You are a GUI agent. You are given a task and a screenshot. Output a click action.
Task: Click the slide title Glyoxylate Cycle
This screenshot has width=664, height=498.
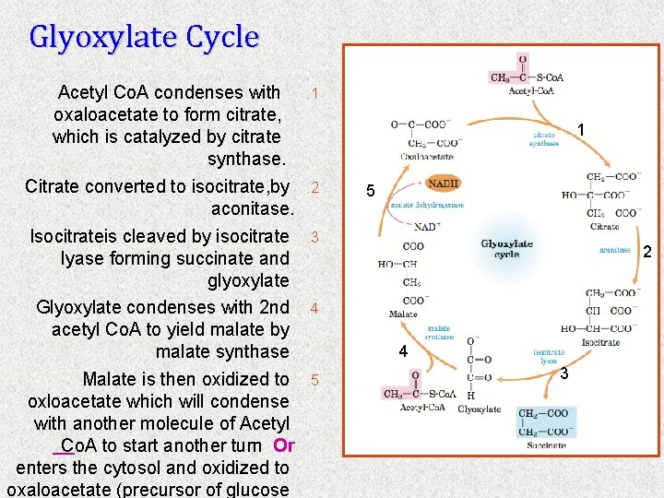[x=144, y=37]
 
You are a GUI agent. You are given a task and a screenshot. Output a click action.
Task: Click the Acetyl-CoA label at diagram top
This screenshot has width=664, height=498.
[x=534, y=91]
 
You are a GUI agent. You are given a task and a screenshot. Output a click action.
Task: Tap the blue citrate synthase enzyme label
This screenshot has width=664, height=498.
[x=544, y=138]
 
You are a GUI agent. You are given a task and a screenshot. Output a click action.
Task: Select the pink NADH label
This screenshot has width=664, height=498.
[x=443, y=184]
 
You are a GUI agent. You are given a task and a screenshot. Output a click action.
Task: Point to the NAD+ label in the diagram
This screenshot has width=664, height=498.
[x=426, y=226]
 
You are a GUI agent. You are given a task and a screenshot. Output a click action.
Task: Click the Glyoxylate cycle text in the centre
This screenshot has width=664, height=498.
[x=506, y=249]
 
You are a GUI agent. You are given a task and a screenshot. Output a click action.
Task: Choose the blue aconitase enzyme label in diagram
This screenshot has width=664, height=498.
[x=615, y=251]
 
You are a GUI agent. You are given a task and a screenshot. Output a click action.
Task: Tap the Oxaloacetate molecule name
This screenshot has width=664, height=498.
[x=426, y=157]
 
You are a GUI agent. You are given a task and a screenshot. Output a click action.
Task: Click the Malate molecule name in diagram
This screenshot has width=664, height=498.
[x=403, y=314]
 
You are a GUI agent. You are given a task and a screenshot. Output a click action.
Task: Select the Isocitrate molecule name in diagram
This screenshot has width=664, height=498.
[x=600, y=342]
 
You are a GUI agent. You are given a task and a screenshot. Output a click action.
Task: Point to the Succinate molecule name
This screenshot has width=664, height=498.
[x=546, y=445]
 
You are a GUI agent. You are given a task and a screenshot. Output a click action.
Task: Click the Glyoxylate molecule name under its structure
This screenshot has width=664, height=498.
[x=480, y=409]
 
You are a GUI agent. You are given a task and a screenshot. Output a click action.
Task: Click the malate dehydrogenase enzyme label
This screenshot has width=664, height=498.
[x=427, y=205]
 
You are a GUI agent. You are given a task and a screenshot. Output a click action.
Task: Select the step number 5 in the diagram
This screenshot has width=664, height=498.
[x=370, y=192]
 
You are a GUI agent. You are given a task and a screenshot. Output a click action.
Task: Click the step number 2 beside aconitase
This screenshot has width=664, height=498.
[x=646, y=252]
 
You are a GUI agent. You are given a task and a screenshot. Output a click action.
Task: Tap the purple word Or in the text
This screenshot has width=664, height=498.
[x=283, y=445]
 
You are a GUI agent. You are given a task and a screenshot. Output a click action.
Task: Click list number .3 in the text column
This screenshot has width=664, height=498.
[x=314, y=237]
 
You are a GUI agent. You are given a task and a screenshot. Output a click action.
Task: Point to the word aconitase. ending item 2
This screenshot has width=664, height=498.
[x=252, y=209]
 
